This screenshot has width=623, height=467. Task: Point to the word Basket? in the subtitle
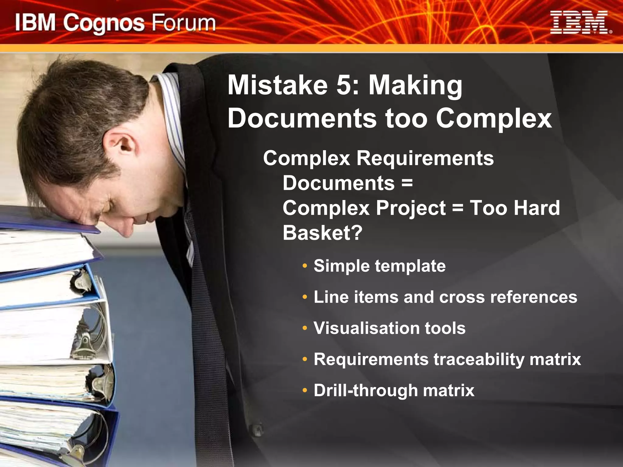(x=322, y=233)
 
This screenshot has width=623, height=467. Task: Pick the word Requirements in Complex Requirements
(x=425, y=158)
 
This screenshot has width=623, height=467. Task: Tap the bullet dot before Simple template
(x=305, y=266)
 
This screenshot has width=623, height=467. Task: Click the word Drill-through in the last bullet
(x=365, y=390)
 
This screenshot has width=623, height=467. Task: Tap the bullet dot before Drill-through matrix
(x=305, y=391)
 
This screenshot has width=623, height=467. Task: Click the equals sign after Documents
(x=407, y=183)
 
